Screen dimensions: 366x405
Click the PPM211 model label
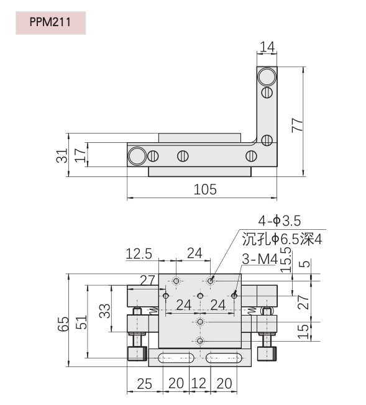coord(50,22)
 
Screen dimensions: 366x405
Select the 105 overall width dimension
coord(205,189)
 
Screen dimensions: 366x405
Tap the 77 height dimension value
coord(297,125)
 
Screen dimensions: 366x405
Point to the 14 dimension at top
coord(267,47)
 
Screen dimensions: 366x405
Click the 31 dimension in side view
coord(62,155)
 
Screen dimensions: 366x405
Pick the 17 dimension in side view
coord(80,155)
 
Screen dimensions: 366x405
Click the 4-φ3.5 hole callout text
coord(280,221)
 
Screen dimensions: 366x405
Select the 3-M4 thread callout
coord(260,259)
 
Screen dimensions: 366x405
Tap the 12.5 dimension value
coord(139,253)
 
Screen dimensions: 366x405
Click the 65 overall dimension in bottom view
coord(63,324)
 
